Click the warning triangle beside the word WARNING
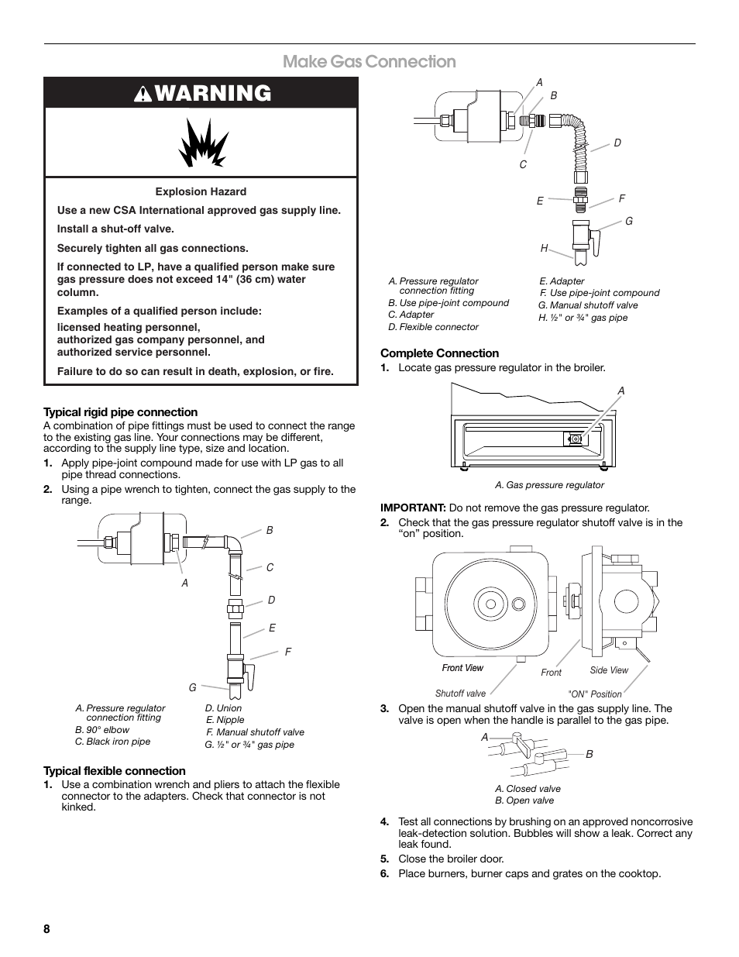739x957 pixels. click(x=145, y=94)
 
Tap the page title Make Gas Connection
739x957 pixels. click(x=369, y=61)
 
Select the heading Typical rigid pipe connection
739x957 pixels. click(x=120, y=412)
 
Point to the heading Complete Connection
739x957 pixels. click(x=439, y=353)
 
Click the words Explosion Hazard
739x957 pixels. click(x=201, y=191)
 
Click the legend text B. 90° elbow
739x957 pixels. click(x=102, y=730)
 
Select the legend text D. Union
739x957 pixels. click(x=223, y=708)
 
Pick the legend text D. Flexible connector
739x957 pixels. click(x=433, y=327)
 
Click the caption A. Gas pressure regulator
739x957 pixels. click(x=549, y=485)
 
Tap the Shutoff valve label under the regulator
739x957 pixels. click(x=460, y=694)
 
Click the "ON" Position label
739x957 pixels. click(x=595, y=694)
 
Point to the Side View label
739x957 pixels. click(x=609, y=670)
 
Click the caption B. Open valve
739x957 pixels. click(x=524, y=800)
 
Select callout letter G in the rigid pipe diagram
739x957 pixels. click(x=193, y=687)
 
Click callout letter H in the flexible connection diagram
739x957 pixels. click(x=544, y=248)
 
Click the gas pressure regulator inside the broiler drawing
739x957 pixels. click(x=575, y=439)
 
